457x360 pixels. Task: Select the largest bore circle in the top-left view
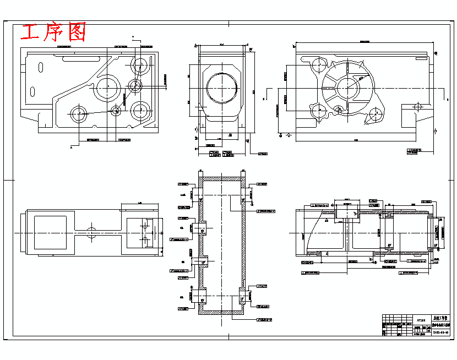pos(108,87)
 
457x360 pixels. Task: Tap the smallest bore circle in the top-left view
pos(116,110)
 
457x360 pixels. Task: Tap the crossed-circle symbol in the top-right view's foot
pos(417,107)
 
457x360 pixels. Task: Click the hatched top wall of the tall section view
pos(222,179)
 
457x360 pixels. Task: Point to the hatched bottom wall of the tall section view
pos(222,312)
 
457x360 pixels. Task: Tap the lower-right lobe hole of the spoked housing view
pos(376,114)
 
